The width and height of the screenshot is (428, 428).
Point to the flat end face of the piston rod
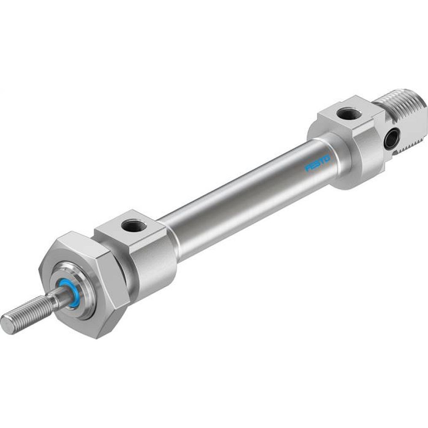tap(7, 324)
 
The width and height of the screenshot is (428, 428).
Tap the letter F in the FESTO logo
tap(308, 168)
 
